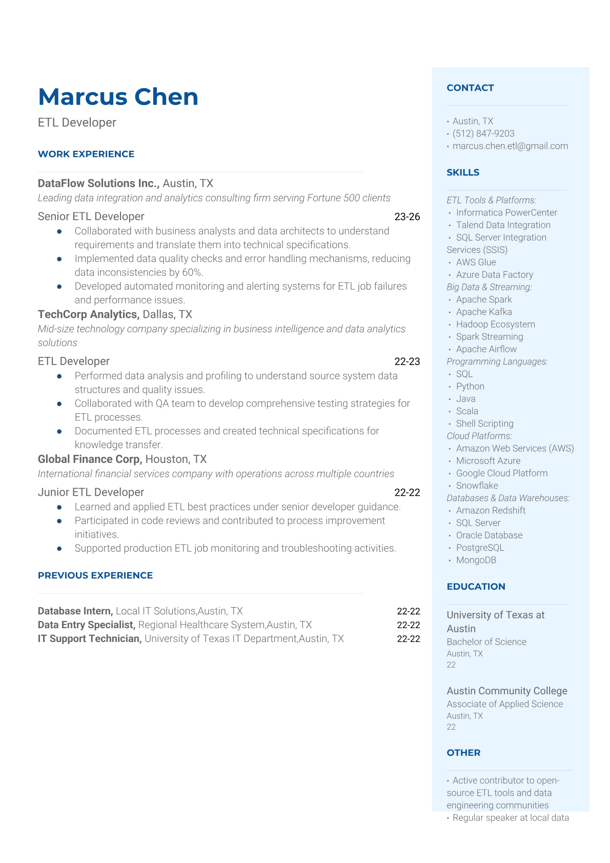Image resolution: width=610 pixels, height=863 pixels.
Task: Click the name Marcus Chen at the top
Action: point(118,97)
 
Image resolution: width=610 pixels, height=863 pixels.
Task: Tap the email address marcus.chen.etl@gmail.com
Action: point(510,146)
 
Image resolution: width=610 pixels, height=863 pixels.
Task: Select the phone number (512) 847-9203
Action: point(483,134)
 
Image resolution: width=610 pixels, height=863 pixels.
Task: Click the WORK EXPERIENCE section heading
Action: point(86,154)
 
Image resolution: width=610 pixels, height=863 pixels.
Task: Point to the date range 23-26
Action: point(407,217)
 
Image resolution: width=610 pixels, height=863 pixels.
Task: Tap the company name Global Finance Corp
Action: point(90,459)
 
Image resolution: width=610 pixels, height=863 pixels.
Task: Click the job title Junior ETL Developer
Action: point(91,492)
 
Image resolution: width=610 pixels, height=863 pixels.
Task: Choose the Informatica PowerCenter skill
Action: point(506,213)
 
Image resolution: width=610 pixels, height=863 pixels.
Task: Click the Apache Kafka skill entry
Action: point(484,312)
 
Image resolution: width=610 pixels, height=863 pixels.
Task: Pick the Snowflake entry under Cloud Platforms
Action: point(477,486)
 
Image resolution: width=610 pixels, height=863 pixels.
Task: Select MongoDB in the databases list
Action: point(476,560)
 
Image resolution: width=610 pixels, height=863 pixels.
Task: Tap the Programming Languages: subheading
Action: point(497,362)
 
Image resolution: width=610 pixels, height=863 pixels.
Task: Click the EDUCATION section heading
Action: point(476,587)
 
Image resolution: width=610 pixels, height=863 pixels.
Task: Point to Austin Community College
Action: point(506,691)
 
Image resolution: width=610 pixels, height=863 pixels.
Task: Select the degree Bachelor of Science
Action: point(486,642)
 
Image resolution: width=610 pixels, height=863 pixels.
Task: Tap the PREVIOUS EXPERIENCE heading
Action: point(95,576)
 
